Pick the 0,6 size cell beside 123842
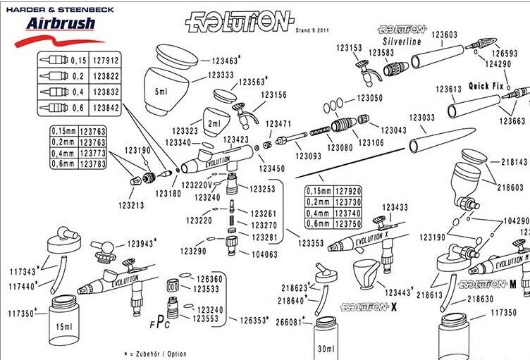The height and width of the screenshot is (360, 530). point(79,106)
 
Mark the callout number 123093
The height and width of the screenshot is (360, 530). point(309,156)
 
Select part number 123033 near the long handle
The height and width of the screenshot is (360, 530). point(423,118)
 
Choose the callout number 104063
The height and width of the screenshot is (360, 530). point(264,254)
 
